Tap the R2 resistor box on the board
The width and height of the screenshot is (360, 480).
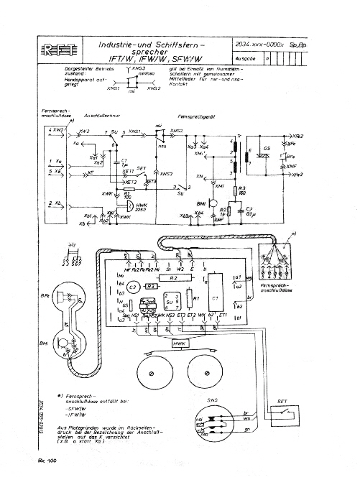pyautogui.click(x=172, y=277)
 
